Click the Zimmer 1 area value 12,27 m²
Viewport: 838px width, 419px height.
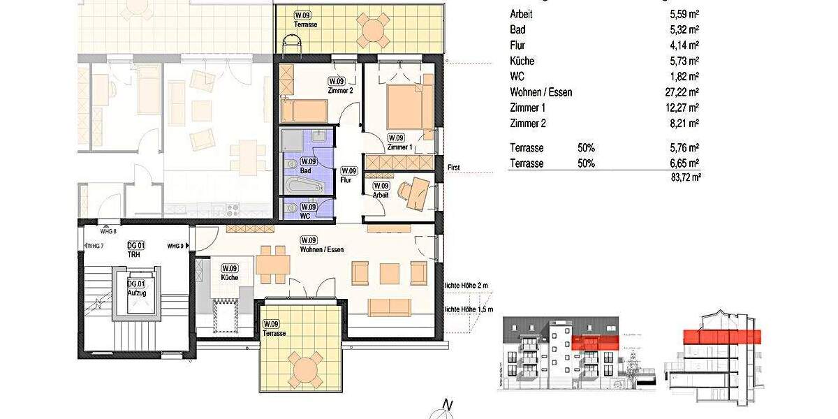point(684,108)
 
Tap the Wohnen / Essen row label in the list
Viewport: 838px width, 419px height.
point(541,92)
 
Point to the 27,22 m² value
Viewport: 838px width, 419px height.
point(684,92)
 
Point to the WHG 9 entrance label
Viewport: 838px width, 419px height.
point(175,246)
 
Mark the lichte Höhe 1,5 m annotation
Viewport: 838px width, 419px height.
point(469,309)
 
